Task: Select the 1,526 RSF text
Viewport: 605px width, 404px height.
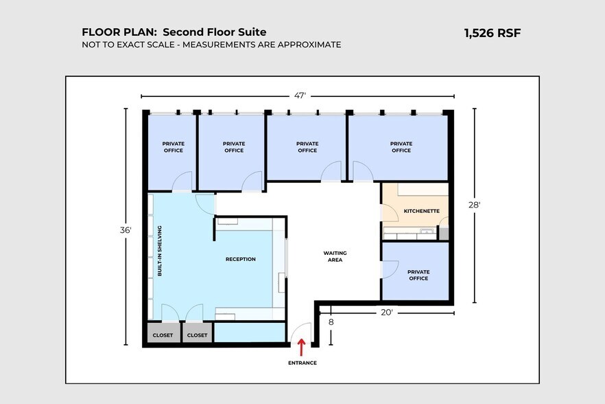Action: pyautogui.click(x=493, y=32)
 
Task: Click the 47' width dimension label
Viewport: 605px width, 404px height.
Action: pyautogui.click(x=300, y=96)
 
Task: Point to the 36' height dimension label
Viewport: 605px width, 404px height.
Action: pyautogui.click(x=126, y=231)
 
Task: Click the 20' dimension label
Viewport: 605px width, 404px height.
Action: pyautogui.click(x=387, y=313)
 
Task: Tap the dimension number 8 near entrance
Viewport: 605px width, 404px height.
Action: pyautogui.click(x=331, y=321)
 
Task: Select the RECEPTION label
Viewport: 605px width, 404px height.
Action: pyautogui.click(x=240, y=259)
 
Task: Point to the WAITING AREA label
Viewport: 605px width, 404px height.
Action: pyautogui.click(x=335, y=256)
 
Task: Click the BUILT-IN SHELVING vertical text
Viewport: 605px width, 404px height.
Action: pyautogui.click(x=159, y=250)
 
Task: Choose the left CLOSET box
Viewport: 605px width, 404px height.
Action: pyautogui.click(x=163, y=335)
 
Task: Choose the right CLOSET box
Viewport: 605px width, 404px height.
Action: pyautogui.click(x=197, y=335)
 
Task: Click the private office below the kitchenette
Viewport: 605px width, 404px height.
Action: pyautogui.click(x=418, y=275)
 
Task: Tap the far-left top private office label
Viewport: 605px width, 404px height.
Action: pyautogui.click(x=173, y=147)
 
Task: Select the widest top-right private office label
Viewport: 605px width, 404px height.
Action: pyautogui.click(x=401, y=147)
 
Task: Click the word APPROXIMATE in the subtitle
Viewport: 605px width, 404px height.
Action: pyautogui.click(x=310, y=45)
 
